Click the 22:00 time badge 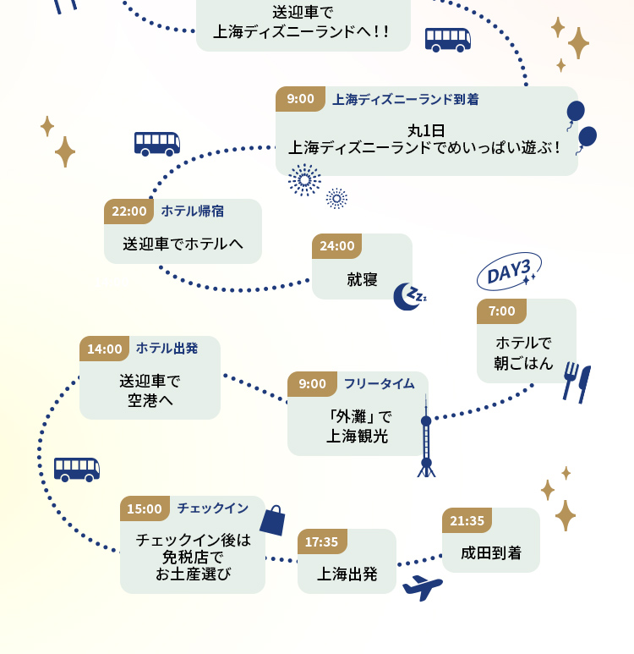coord(128,212)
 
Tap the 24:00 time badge coord(336,246)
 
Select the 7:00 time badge coord(501,311)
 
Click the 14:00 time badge coord(105,349)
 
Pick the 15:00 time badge coord(145,508)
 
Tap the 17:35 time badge coord(321,541)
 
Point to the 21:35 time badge coord(467,520)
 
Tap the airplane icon coord(422,587)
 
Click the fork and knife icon coord(577,382)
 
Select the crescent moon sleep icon coord(408,296)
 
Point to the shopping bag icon coord(272,520)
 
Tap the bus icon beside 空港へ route coord(77,469)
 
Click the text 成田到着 coord(491,553)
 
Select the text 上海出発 coord(347,574)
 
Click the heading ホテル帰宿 coord(193,211)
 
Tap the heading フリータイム coord(379,383)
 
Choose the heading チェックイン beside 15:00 coord(212,508)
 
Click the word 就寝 coord(362,279)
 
